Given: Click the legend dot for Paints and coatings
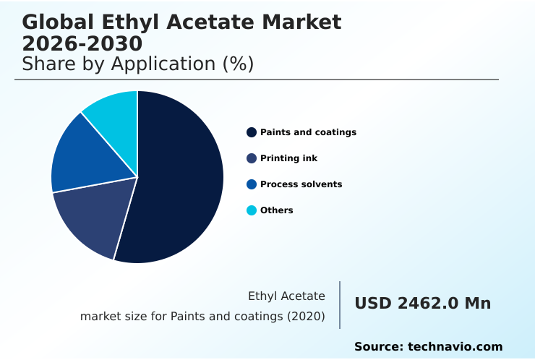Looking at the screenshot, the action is click(252, 132).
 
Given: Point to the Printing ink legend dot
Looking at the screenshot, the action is click(252, 158).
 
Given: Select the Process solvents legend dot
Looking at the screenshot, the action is click(252, 184).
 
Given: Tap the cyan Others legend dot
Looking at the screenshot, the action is click(252, 210).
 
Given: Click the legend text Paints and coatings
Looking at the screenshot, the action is click(308, 132).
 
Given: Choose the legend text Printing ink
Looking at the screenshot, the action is click(288, 158).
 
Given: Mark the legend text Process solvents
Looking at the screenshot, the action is click(301, 184).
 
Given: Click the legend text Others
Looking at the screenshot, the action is click(276, 210).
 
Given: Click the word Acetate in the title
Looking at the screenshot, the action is click(211, 22).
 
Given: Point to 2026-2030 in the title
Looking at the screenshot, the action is click(82, 43).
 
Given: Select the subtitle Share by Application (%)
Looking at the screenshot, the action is click(138, 64).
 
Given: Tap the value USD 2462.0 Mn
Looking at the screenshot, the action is click(423, 304).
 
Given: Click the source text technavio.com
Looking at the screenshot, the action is click(455, 347).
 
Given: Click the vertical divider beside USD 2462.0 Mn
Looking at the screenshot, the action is click(340, 305).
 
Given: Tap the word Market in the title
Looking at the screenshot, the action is click(301, 22).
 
